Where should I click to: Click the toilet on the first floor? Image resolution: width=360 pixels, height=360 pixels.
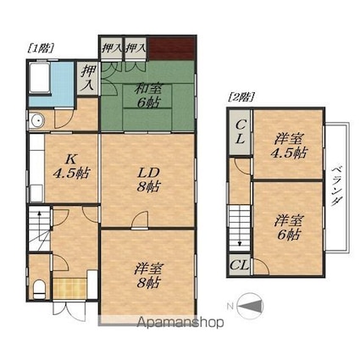39,289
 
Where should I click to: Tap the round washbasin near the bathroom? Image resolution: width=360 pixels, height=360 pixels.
37,121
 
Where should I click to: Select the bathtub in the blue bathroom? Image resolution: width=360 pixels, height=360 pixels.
40,77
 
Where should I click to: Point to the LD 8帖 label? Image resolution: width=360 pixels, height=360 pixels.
149,180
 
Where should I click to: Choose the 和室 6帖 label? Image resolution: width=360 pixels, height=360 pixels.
147,96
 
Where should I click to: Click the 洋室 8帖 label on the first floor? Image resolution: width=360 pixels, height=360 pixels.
148,275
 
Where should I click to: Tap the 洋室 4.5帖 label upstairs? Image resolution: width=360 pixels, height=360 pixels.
289,147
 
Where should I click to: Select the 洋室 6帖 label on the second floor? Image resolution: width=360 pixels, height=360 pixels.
289,228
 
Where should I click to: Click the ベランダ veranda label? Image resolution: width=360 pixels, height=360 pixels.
336,186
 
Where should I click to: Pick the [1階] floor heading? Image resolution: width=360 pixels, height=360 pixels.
41,48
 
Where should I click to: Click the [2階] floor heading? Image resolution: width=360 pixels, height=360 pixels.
241,97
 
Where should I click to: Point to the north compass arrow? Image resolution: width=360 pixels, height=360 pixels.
250,306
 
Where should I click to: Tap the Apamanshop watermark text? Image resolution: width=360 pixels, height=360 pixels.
180,322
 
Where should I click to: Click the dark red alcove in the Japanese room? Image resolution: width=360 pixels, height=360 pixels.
172,48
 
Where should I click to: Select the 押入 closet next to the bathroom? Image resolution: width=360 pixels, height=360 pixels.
88,78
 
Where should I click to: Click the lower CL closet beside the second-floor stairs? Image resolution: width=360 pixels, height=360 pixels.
239,265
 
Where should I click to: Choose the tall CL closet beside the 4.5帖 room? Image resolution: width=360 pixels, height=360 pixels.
240,132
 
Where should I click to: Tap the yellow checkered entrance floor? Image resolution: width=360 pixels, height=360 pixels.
69,289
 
